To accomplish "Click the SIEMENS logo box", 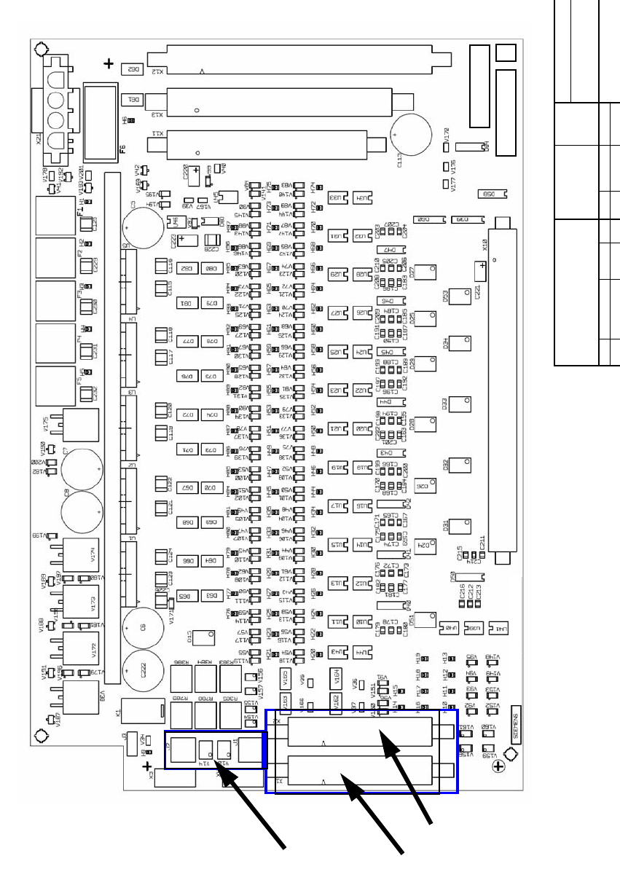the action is point(517,723).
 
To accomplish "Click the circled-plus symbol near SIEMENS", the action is point(497,766).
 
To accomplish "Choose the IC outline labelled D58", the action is point(486,195).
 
